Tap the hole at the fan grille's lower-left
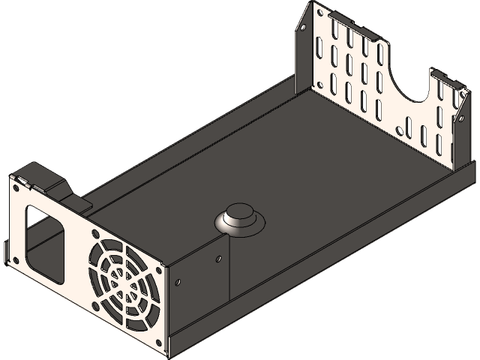click(96, 307)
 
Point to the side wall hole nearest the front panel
click(178, 283)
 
